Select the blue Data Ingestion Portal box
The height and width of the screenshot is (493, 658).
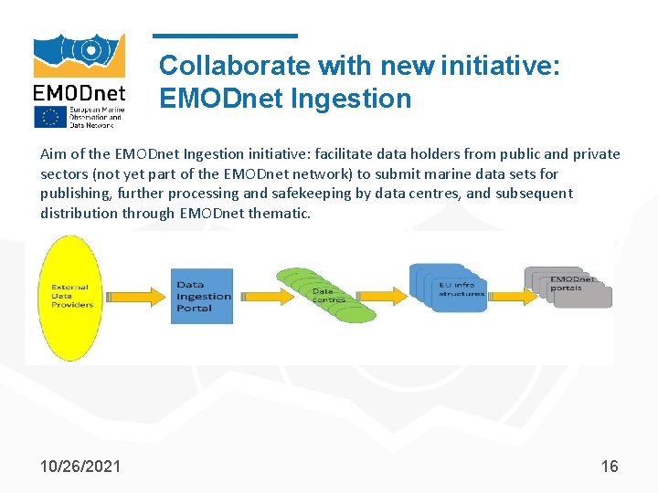tap(202, 296)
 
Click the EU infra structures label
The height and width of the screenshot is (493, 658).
tap(462, 288)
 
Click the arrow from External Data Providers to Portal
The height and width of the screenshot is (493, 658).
tap(137, 297)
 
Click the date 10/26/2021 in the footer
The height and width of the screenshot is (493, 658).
tap(80, 467)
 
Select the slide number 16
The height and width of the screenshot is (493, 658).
tap(610, 467)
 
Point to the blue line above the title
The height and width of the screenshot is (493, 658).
tap(225, 36)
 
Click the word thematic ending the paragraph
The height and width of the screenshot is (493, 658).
tap(281, 214)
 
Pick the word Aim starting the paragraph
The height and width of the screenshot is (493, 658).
tap(54, 153)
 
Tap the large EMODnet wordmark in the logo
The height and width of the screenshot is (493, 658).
tap(80, 92)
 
